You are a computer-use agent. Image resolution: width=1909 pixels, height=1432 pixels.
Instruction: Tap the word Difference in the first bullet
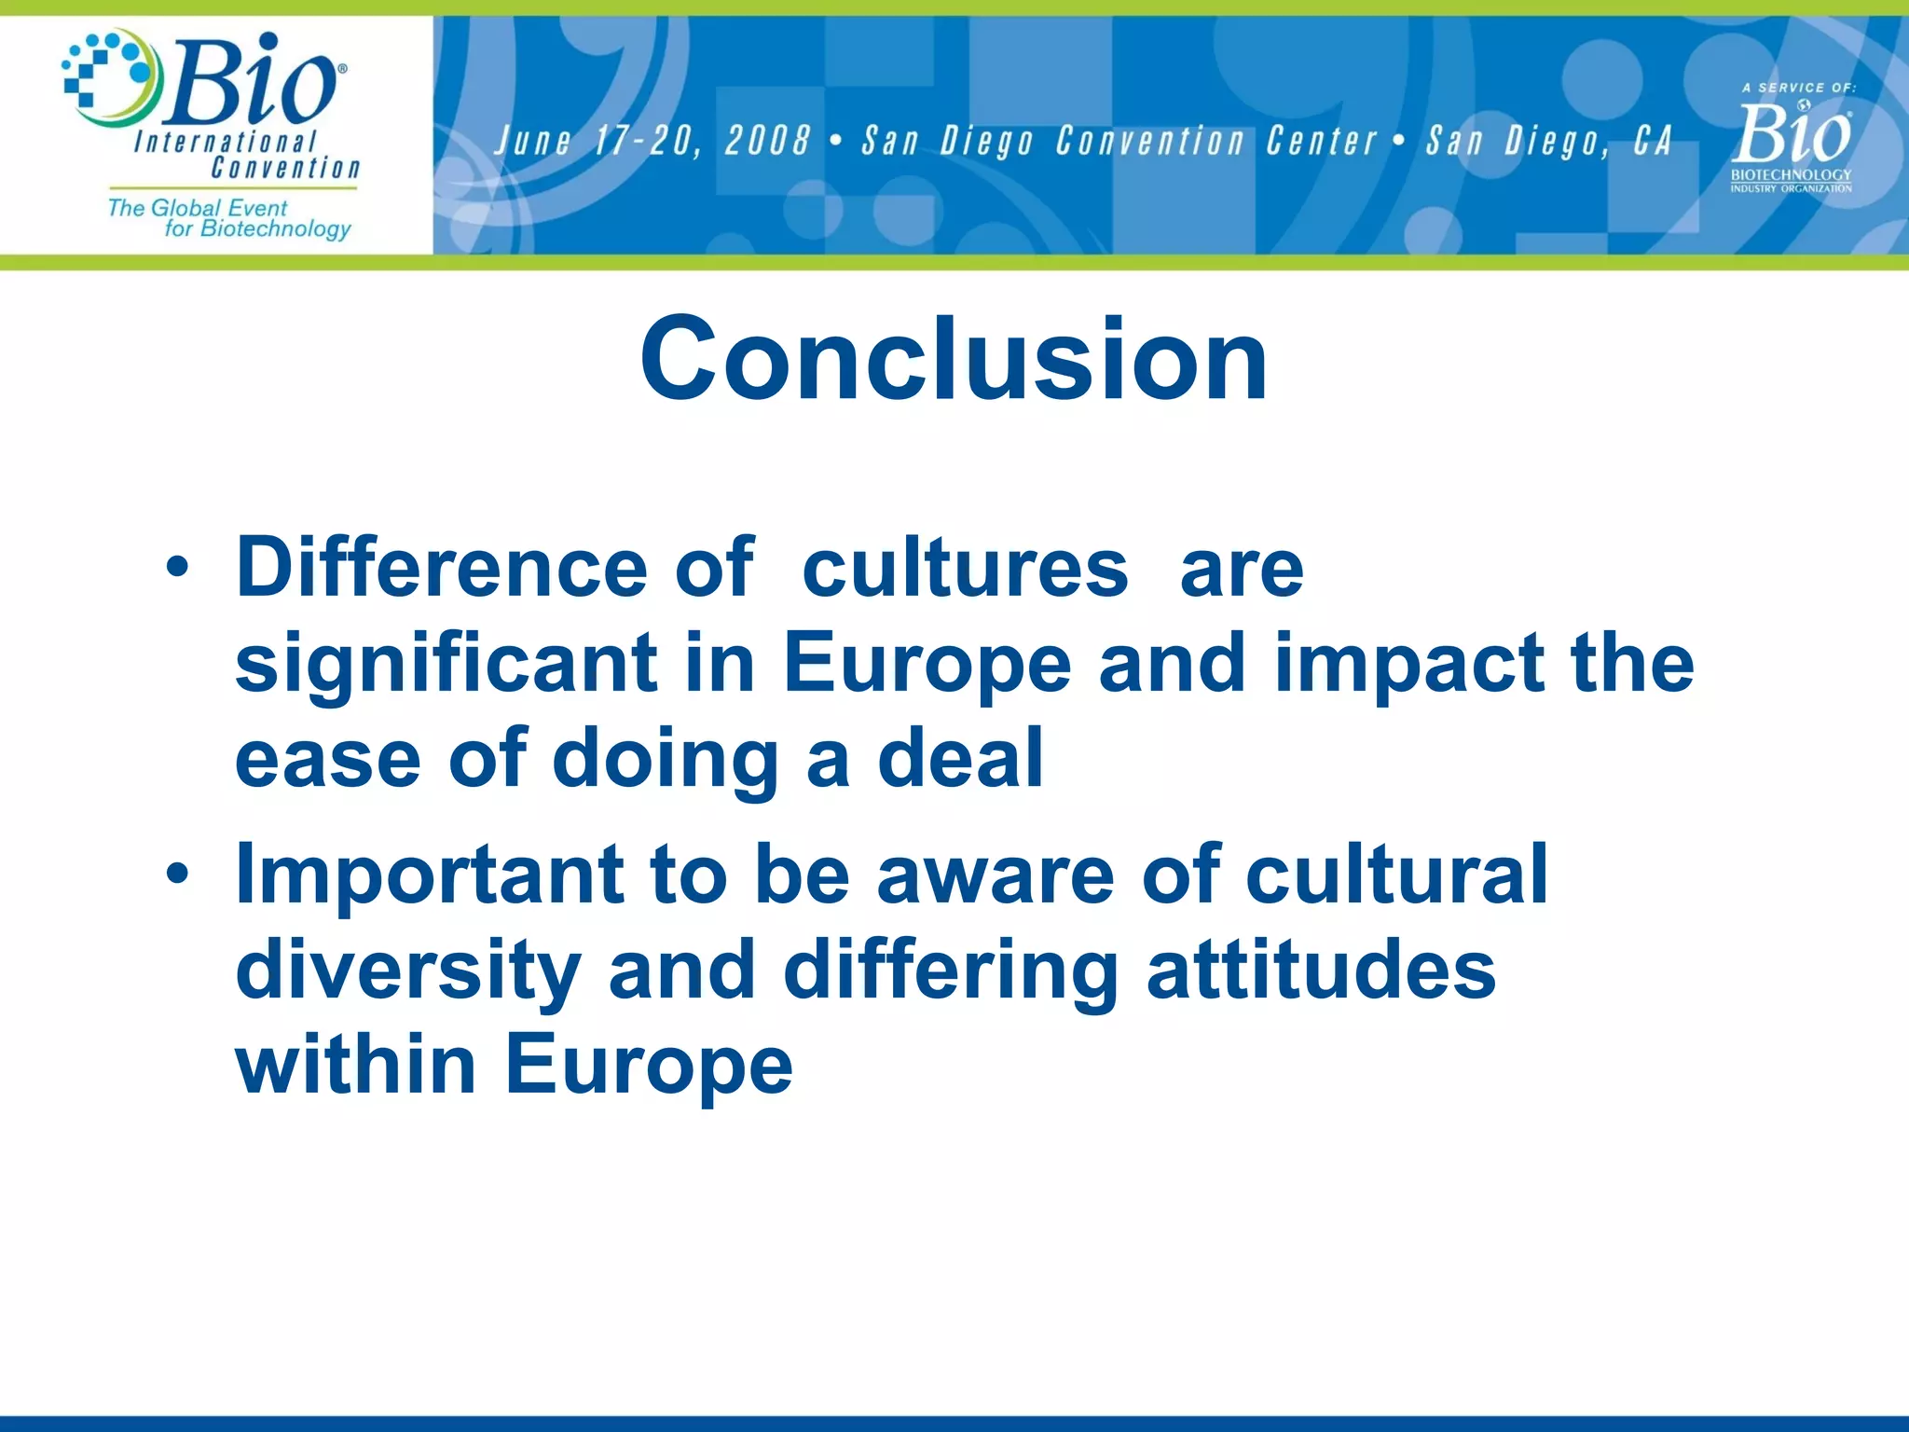click(442, 568)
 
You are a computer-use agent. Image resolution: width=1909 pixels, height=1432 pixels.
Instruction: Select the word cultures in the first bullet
click(965, 568)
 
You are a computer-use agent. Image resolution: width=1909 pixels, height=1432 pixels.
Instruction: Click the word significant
click(446, 664)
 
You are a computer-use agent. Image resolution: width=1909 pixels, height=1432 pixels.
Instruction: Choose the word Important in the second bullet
click(430, 874)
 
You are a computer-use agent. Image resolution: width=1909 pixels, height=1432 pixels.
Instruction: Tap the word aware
click(995, 874)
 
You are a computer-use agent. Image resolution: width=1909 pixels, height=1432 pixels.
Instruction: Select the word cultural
click(1396, 874)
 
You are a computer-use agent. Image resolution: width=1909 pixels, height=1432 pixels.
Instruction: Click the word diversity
click(408, 970)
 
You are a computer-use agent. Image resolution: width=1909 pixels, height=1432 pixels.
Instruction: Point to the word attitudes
click(1321, 970)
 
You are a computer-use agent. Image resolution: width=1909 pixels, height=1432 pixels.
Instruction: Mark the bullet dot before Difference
click(178, 568)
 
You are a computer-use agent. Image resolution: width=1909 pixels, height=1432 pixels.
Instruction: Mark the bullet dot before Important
click(178, 874)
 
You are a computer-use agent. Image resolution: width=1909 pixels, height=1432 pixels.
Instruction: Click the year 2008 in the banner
click(767, 141)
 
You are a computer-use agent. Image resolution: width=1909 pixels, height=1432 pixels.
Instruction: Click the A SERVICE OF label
click(1798, 88)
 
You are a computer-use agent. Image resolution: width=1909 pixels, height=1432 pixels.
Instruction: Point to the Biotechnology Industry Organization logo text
click(1791, 180)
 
